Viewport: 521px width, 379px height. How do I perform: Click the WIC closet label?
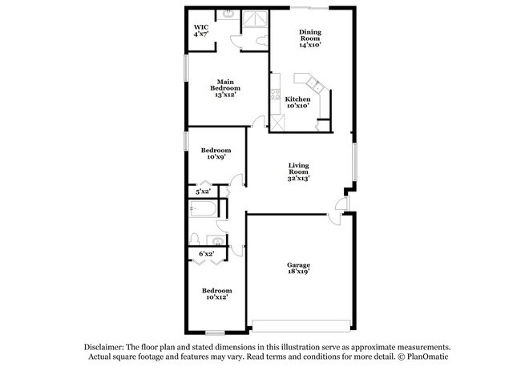(x=200, y=30)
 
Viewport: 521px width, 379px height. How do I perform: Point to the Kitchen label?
(x=298, y=102)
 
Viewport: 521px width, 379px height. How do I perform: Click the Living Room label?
(x=299, y=172)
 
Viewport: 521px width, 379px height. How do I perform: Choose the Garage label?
(x=299, y=268)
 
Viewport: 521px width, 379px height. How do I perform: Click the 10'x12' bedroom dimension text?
(x=216, y=297)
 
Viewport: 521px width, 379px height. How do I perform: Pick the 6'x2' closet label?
(x=206, y=254)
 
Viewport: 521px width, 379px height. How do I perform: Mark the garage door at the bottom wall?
(x=301, y=325)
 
